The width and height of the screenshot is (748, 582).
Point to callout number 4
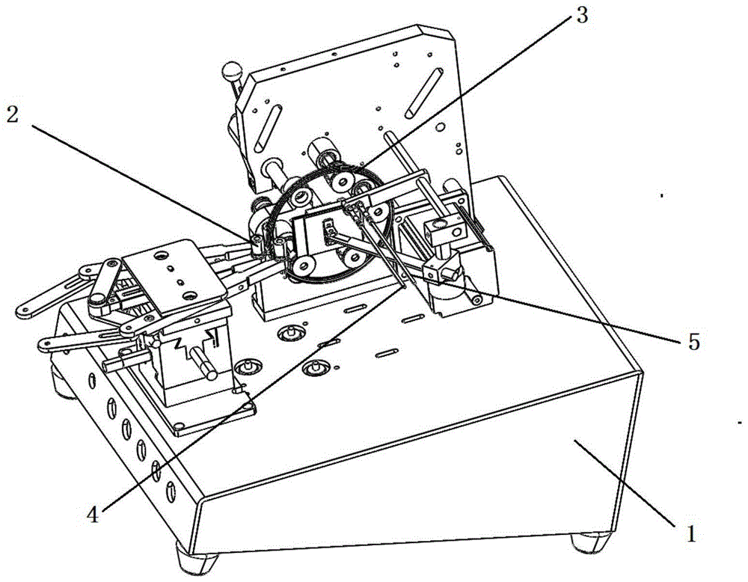(x=92, y=515)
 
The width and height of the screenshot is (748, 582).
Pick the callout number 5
(x=692, y=342)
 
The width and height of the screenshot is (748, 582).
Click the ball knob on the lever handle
(x=231, y=73)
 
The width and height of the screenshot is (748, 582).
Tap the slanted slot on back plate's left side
(x=268, y=127)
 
